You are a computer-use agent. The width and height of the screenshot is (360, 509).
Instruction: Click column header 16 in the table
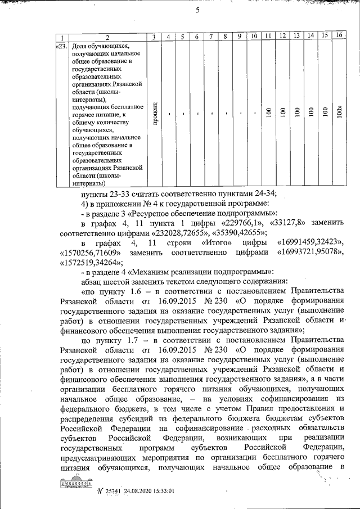(x=338, y=36)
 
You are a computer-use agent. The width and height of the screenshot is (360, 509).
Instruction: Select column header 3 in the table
(x=154, y=37)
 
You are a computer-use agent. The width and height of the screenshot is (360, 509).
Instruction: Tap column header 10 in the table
(x=254, y=37)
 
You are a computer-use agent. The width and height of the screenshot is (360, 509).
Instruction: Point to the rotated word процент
(x=154, y=112)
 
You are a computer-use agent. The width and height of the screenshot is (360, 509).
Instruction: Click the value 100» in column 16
(x=339, y=112)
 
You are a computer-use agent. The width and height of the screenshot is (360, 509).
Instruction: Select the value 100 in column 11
(x=269, y=112)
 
